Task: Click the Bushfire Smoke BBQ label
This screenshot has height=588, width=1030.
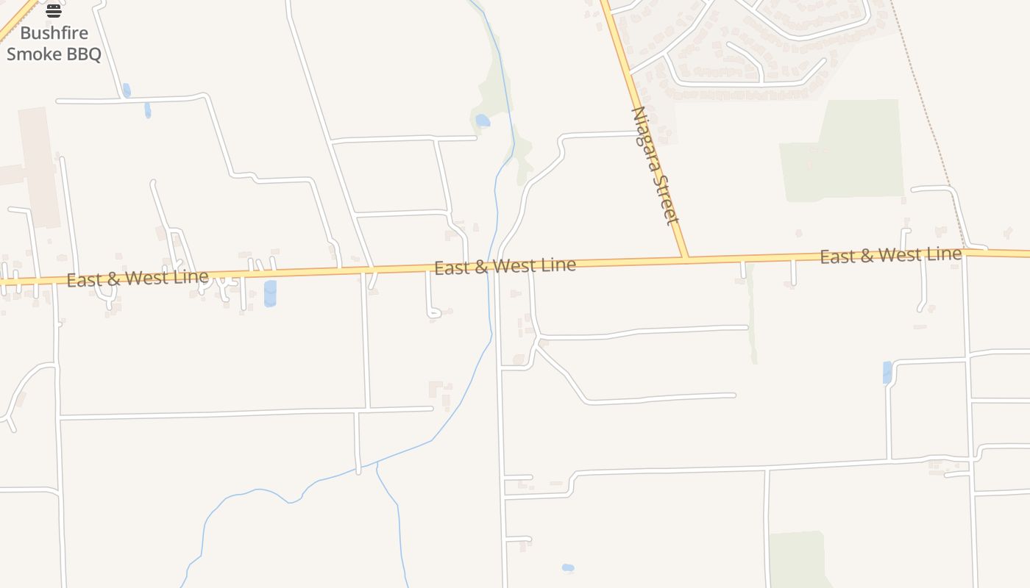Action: click(54, 43)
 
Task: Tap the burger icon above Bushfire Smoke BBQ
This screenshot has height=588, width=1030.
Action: click(54, 10)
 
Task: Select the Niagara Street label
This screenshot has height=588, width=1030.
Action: click(654, 165)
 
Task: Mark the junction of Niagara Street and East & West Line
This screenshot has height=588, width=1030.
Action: click(686, 258)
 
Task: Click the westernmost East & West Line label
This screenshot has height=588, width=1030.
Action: click(138, 278)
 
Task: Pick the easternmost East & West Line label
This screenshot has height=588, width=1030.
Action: click(890, 255)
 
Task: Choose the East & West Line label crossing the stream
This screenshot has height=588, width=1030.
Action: click(505, 265)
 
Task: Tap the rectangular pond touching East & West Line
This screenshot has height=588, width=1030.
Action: click(270, 293)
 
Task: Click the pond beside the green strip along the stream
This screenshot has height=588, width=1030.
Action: click(483, 120)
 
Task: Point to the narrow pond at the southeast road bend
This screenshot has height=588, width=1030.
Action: click(887, 372)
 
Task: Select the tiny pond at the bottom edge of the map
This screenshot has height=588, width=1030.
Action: click(567, 567)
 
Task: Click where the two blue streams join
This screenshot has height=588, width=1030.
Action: click(377, 463)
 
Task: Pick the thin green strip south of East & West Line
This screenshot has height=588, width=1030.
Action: click(752, 316)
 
